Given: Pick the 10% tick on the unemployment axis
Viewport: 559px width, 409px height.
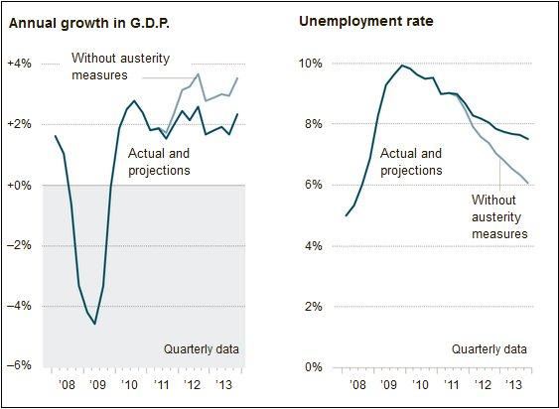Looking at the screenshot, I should tap(311, 64).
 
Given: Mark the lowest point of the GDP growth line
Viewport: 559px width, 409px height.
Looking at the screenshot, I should tap(95, 324).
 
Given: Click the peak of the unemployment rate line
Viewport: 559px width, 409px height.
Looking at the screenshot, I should tap(402, 66).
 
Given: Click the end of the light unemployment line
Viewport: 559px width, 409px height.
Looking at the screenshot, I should tap(527, 183).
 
